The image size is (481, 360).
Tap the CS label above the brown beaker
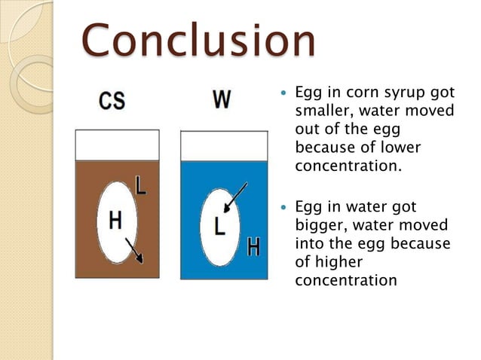point(112,101)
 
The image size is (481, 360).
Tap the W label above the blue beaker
point(221,99)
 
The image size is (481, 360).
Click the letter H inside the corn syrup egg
point(115,220)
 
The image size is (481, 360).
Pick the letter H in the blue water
point(253,246)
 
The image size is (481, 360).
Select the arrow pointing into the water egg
point(235,196)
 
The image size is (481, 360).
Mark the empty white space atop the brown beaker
point(117,145)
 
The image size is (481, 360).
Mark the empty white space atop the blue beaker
point(224,146)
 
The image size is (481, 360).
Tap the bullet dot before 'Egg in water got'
point(283,206)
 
